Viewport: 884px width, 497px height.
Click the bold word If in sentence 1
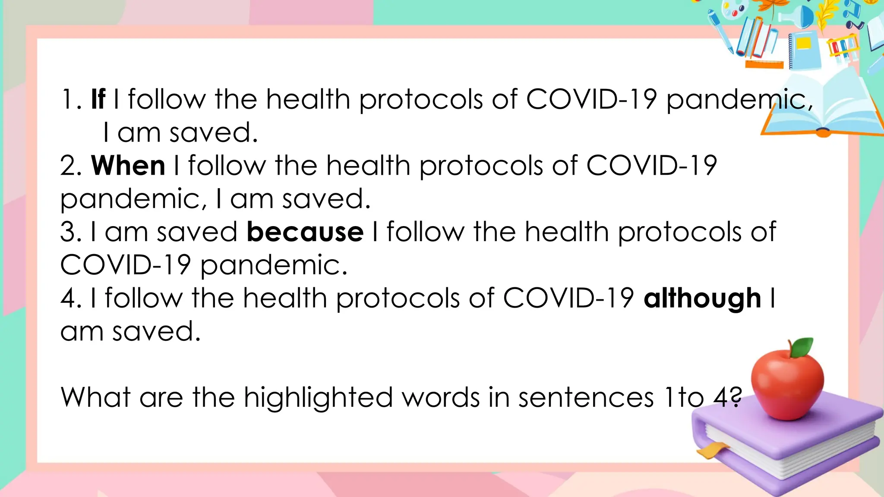tap(98, 99)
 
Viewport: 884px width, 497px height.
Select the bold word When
tap(128, 166)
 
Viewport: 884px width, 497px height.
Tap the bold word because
tap(305, 232)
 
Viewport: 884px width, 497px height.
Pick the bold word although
tap(702, 299)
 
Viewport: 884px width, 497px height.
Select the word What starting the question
tap(95, 397)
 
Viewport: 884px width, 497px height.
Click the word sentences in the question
tap(586, 397)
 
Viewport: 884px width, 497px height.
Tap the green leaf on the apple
tap(802, 347)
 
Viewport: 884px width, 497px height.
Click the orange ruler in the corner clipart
tap(764, 65)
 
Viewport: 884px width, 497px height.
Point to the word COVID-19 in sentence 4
tap(568, 299)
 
